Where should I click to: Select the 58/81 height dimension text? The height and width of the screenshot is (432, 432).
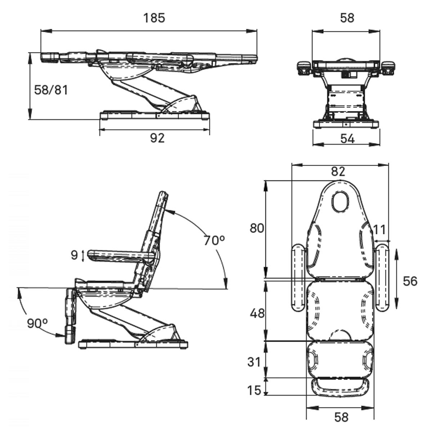coord(51,90)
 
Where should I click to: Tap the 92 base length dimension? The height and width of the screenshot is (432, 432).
coord(157,138)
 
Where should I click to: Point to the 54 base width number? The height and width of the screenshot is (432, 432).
coord(347,139)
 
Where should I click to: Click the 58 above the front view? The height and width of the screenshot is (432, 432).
coord(347,18)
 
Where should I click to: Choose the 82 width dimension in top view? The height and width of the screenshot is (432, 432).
coord(338,171)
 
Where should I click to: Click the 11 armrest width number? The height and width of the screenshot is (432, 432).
coord(379,229)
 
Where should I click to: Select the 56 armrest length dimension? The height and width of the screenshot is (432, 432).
coord(410,281)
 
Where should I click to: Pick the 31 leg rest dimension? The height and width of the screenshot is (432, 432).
coord(254,362)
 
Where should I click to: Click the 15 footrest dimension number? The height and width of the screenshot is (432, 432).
coord(254,390)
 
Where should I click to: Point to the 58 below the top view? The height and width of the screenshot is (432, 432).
coord(341,417)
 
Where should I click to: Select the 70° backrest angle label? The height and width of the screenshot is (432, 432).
coord(214,240)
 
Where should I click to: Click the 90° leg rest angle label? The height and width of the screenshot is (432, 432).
coord(37,323)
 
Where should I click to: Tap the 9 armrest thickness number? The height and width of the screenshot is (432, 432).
coord(75,255)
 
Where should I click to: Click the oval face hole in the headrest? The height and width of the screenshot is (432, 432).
coord(341,202)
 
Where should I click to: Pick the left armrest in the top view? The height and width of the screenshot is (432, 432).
coord(298,277)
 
